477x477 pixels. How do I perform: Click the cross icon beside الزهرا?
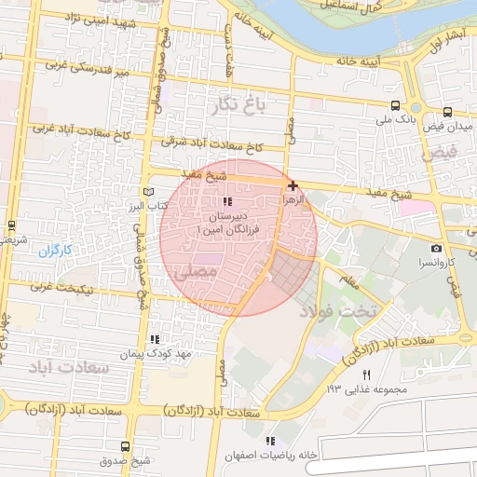(293, 185)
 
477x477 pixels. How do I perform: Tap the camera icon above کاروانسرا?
(437, 249)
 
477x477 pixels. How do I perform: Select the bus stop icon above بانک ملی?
(397, 106)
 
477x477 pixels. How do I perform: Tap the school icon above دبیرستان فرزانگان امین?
(226, 201)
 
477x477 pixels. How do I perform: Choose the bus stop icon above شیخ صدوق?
(126, 446)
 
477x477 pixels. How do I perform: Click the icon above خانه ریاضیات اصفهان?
(270, 440)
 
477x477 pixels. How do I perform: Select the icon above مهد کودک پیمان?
(155, 340)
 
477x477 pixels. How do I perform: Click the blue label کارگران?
(55, 250)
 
